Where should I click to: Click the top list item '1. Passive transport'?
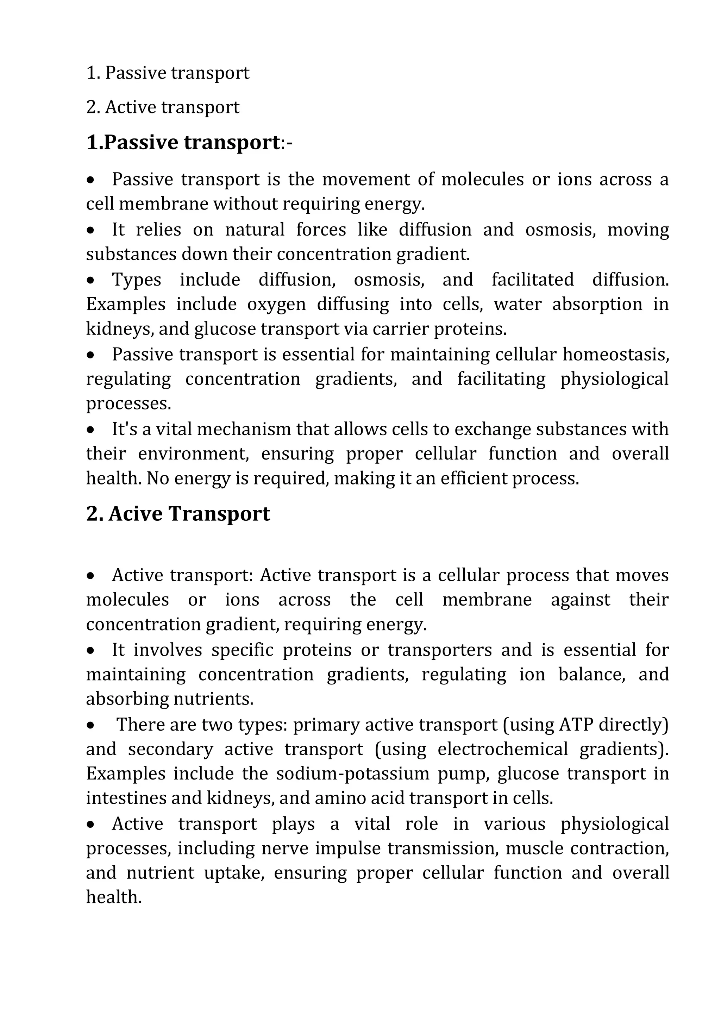tap(168, 73)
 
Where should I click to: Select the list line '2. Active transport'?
tap(163, 107)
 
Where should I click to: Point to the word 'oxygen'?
tap(276, 304)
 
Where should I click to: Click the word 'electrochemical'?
tap(502, 749)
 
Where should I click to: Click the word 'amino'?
tap(337, 798)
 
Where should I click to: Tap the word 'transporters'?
tap(439, 650)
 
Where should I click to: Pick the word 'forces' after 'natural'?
tap(321, 230)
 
